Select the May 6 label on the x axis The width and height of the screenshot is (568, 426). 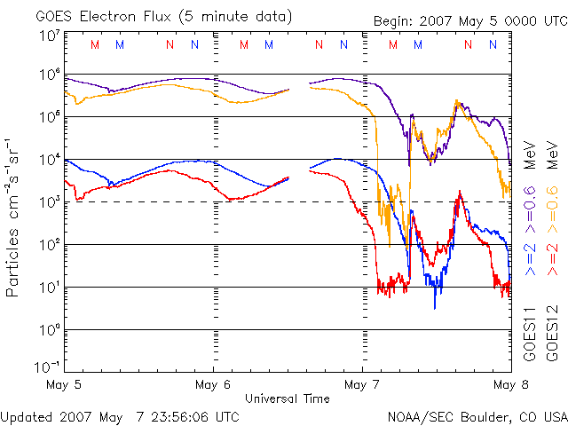pyautogui.click(x=212, y=385)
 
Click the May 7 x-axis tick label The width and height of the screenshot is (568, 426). pyautogui.click(x=361, y=385)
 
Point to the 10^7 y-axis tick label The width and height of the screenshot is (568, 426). pyautogui.click(x=49, y=36)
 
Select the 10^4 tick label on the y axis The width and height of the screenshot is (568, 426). pyautogui.click(x=49, y=160)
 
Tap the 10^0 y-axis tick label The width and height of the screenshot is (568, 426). pyautogui.click(x=49, y=330)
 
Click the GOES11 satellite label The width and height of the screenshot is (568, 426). pyautogui.click(x=529, y=334)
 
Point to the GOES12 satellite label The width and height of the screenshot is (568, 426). pyautogui.click(x=551, y=334)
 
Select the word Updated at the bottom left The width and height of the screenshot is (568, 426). pyautogui.click(x=28, y=416)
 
